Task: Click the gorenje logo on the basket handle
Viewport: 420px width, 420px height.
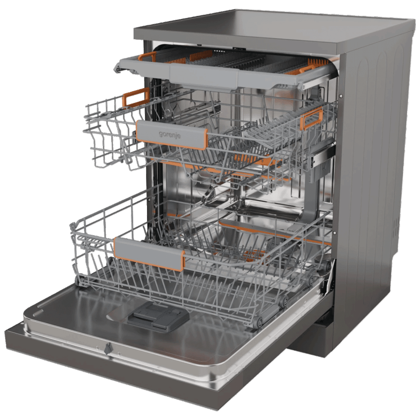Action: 170,134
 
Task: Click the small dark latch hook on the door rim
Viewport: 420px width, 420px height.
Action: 107,348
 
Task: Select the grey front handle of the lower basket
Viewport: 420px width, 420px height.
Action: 150,254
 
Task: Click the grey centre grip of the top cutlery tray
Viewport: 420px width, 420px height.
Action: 204,76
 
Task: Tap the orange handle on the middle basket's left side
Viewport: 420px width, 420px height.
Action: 136,97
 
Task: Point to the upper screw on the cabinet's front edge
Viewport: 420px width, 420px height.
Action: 341,96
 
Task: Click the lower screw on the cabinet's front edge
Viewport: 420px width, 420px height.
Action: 334,233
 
